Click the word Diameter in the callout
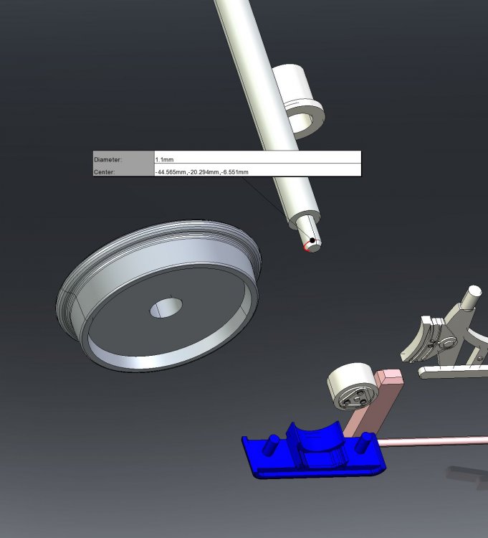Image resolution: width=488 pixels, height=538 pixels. point(107,159)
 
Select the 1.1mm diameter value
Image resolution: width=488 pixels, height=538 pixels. point(165,159)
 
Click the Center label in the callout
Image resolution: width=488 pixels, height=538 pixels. point(104,172)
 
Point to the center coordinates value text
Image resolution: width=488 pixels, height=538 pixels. point(202,172)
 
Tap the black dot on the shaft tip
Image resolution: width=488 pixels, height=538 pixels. point(312,240)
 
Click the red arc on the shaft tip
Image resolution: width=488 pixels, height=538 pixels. point(305,246)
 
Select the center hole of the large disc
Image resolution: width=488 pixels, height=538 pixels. point(166,308)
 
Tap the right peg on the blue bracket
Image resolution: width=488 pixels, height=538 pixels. point(364,443)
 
